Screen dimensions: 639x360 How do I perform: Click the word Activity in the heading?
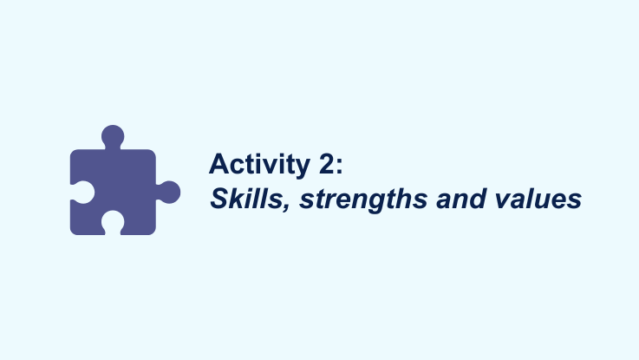[x=259, y=165]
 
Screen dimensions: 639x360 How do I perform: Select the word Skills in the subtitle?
[x=246, y=199]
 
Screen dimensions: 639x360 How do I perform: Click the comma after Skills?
[x=286, y=206]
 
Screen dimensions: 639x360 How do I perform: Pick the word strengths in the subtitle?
[x=363, y=200]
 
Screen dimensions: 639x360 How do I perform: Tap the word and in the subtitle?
[x=461, y=199]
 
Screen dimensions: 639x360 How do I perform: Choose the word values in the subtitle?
[x=538, y=199]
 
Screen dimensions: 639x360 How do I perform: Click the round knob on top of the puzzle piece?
[x=113, y=136]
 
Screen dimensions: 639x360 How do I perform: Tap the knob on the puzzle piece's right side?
[x=169, y=192]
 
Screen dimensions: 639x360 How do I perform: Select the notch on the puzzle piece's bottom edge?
[x=113, y=223]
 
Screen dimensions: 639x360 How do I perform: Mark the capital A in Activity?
[x=219, y=163]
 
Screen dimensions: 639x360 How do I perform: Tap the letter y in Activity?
[x=302, y=169]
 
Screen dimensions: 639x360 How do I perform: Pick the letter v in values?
[x=503, y=201]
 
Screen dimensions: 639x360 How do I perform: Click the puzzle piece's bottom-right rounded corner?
[x=151, y=231]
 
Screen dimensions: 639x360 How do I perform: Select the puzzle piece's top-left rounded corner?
[x=75, y=154]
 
